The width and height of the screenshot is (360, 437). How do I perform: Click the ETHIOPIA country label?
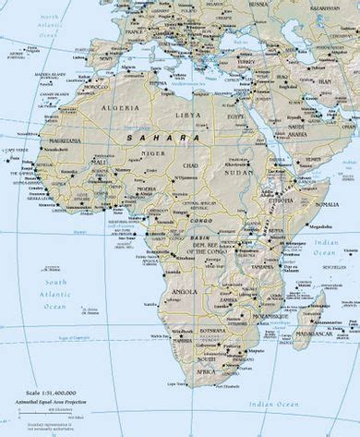pos(281,198)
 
